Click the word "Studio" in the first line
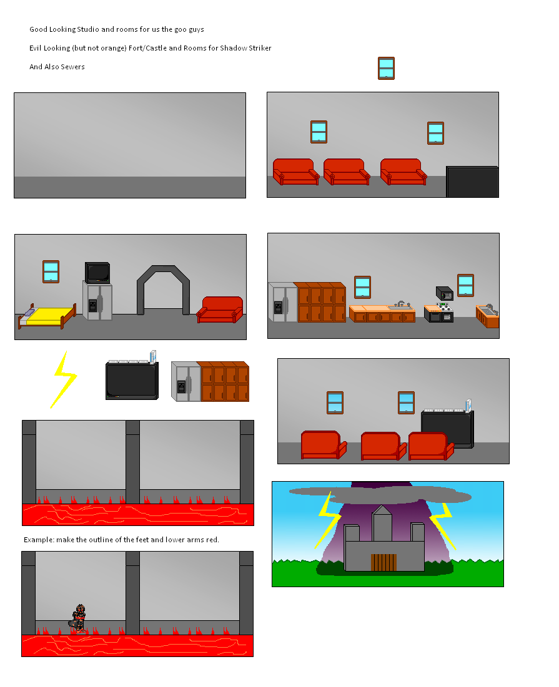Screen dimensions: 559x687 [x=87, y=29]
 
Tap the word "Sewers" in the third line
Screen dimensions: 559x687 [x=73, y=67]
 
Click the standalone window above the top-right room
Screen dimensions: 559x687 [x=386, y=69]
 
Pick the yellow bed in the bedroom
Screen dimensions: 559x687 [x=46, y=316]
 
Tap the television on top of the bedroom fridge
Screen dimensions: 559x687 [x=97, y=273]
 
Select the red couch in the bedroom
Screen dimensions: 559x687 [x=220, y=309]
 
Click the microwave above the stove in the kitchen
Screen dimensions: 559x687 [x=445, y=293]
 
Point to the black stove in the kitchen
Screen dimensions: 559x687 [x=438, y=313]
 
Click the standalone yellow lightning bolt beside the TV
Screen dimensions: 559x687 [x=64, y=379]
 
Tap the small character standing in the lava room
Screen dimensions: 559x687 [x=78, y=618]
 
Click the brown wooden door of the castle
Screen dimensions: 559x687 [x=383, y=563]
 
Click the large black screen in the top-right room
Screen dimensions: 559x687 [x=472, y=182]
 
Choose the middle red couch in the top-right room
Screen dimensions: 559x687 [x=347, y=172]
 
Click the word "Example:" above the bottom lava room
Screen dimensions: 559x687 [x=39, y=540]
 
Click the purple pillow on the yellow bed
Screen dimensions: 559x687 [x=29, y=313]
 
